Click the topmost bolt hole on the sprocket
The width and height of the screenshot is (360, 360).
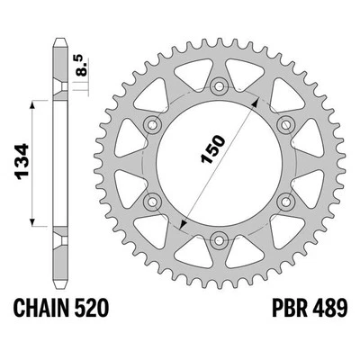(219, 87)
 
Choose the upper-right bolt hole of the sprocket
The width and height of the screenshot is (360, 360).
(284, 124)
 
